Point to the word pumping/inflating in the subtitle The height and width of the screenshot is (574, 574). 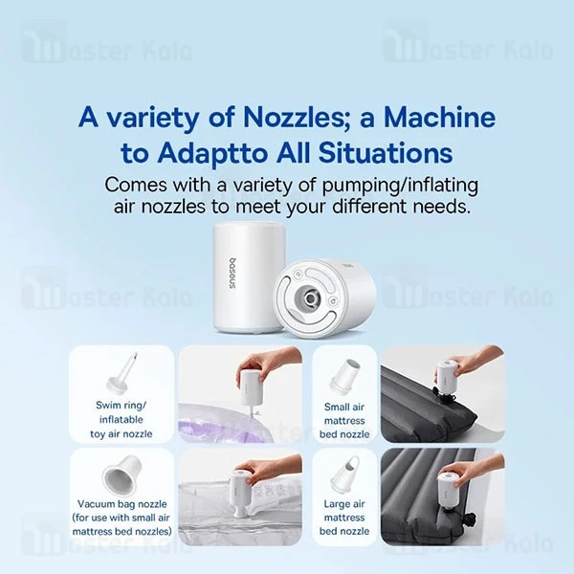pos(400,186)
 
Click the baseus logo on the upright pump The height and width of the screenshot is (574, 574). pos(233,275)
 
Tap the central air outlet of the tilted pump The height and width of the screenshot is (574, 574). pos(310,297)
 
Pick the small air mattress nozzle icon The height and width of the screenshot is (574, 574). pos(344,376)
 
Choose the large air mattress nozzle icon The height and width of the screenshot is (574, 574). pos(344,475)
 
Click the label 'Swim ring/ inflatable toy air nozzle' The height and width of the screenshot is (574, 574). pos(121,420)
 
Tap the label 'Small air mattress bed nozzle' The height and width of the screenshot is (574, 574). pos(344,421)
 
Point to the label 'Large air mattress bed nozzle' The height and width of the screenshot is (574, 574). pos(344,518)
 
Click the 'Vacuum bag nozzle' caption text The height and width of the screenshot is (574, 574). pos(121,504)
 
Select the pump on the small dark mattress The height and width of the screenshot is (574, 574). pos(446,380)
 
